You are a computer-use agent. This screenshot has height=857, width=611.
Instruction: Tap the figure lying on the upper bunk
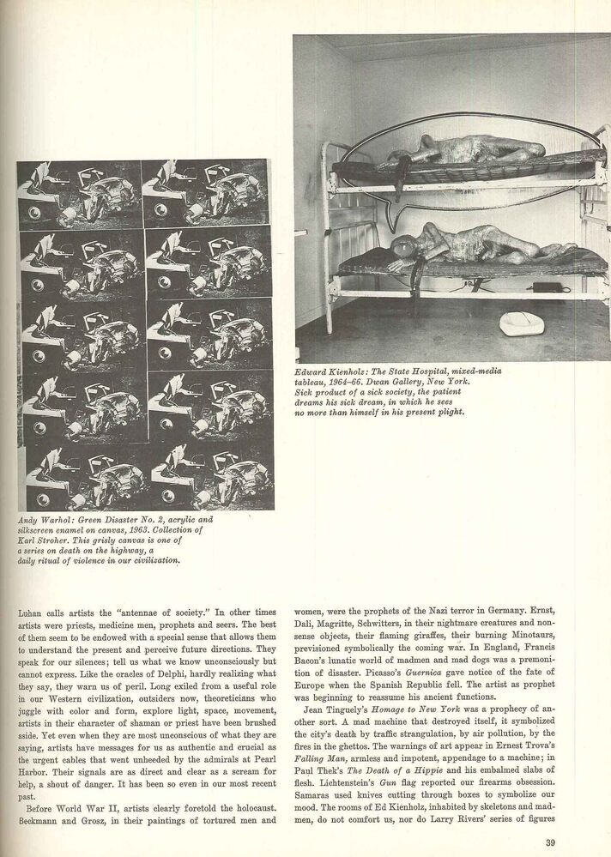(x=463, y=154)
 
